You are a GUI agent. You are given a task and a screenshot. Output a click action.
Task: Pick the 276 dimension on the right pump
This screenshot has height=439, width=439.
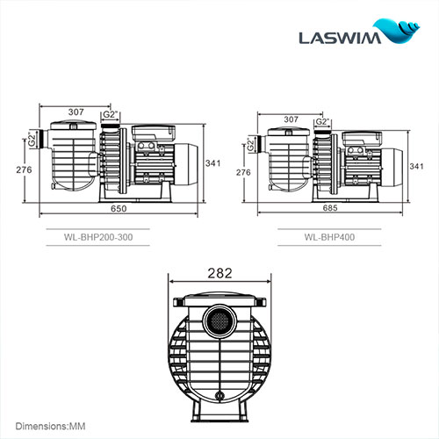pos(244,173)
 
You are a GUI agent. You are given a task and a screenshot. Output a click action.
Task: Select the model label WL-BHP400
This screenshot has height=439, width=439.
pos(328,235)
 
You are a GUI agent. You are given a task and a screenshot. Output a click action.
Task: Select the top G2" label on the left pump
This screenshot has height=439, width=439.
pos(111,114)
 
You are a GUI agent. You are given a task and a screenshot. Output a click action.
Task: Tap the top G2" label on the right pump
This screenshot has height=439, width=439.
pos(321,122)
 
